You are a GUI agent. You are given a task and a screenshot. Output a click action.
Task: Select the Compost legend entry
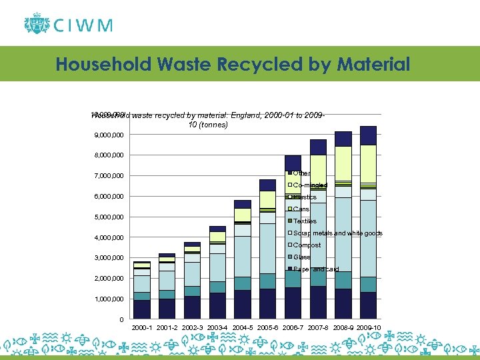(x=307, y=245)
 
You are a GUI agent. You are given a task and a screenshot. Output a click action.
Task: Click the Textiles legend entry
(x=305, y=221)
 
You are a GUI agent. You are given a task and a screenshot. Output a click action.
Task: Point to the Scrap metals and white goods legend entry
(x=337, y=233)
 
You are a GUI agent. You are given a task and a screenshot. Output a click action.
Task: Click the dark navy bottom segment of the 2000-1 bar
(x=141, y=309)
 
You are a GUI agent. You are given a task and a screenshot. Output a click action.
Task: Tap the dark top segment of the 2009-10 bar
(x=368, y=135)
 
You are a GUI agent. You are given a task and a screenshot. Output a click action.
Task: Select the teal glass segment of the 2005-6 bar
(x=268, y=281)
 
